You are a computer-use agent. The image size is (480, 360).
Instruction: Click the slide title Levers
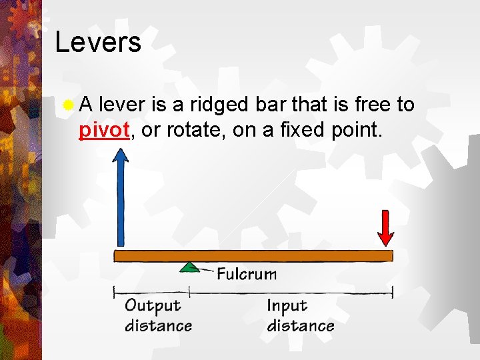coord(98,42)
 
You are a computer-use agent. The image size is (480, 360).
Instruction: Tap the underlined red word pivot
coord(103,130)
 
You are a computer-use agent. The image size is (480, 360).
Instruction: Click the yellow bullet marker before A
coord(67,105)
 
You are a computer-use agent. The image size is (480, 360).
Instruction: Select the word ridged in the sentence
coord(221,105)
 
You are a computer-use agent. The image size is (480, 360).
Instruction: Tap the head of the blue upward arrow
coord(120,157)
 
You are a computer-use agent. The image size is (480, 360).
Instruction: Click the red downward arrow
coord(385,228)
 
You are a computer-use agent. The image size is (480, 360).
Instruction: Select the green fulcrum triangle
coord(190,267)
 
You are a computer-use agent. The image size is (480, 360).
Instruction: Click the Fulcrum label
coord(246,274)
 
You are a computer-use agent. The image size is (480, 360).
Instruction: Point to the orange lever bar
coord(253,255)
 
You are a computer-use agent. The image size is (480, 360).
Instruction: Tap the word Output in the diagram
coord(153,306)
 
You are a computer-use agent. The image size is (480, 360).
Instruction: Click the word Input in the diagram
coord(287,306)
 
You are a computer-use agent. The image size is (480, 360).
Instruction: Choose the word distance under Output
coord(158,325)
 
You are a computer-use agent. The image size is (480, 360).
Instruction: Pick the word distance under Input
coord(300,325)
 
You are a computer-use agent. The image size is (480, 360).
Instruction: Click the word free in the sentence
coord(373,105)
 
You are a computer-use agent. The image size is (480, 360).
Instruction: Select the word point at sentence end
coord(357,130)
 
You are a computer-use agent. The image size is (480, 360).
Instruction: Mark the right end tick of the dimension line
coord(393,291)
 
